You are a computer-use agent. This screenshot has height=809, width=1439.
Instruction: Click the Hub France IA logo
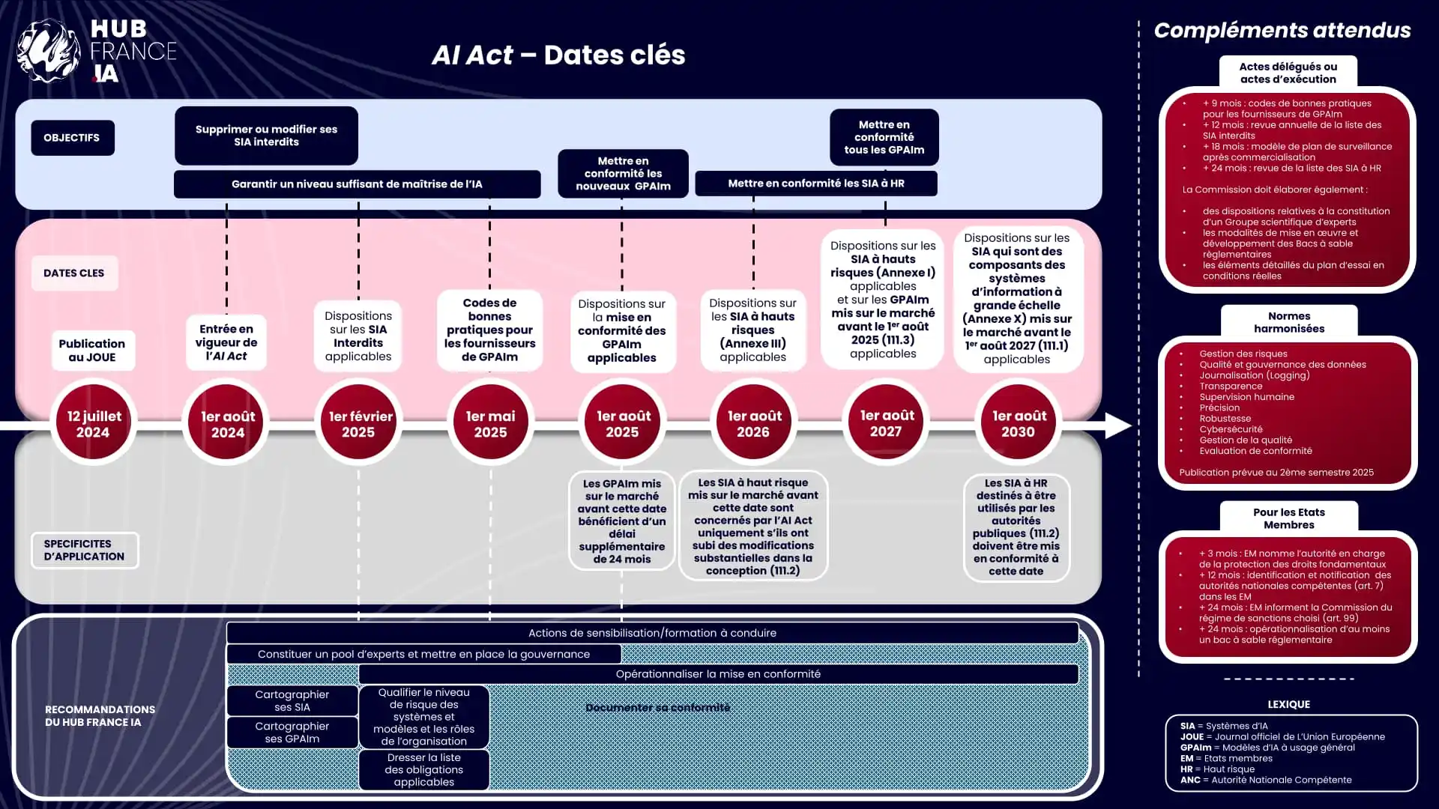coord(96,51)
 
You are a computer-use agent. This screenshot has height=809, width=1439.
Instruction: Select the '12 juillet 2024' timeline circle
coord(94,423)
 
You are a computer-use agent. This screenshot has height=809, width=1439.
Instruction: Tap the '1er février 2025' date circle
coord(359,423)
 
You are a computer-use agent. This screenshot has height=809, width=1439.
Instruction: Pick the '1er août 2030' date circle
coord(1018,423)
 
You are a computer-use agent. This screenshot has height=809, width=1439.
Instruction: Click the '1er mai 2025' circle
coord(491,423)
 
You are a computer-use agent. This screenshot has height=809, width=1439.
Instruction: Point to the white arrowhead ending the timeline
coord(1117,425)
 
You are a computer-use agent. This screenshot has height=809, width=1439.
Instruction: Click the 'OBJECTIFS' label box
coord(72,138)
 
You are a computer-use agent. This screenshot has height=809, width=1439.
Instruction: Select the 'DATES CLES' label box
coord(74,273)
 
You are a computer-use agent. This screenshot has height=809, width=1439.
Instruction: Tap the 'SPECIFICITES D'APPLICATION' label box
coord(84,550)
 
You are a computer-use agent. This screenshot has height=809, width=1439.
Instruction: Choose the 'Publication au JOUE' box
coord(92,350)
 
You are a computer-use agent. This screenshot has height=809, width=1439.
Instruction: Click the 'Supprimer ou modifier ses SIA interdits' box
coord(266,136)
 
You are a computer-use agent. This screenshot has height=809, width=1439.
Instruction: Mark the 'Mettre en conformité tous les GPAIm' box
coord(884,137)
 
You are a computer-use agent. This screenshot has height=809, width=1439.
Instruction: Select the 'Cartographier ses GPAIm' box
coord(292,733)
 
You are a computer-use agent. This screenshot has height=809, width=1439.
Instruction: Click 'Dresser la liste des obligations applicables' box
coord(424,770)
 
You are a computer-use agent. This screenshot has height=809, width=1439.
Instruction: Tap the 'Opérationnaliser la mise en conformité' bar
coord(718,674)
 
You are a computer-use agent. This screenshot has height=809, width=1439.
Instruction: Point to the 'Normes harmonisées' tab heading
coord(1288,322)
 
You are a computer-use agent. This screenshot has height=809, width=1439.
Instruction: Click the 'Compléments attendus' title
coord(1282,31)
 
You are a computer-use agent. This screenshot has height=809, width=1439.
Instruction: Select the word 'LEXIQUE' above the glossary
coord(1288,704)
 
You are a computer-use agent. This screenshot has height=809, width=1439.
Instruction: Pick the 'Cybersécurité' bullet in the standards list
coord(1231,429)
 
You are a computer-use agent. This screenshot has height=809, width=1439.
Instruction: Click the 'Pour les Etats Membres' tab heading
coord(1288,518)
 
